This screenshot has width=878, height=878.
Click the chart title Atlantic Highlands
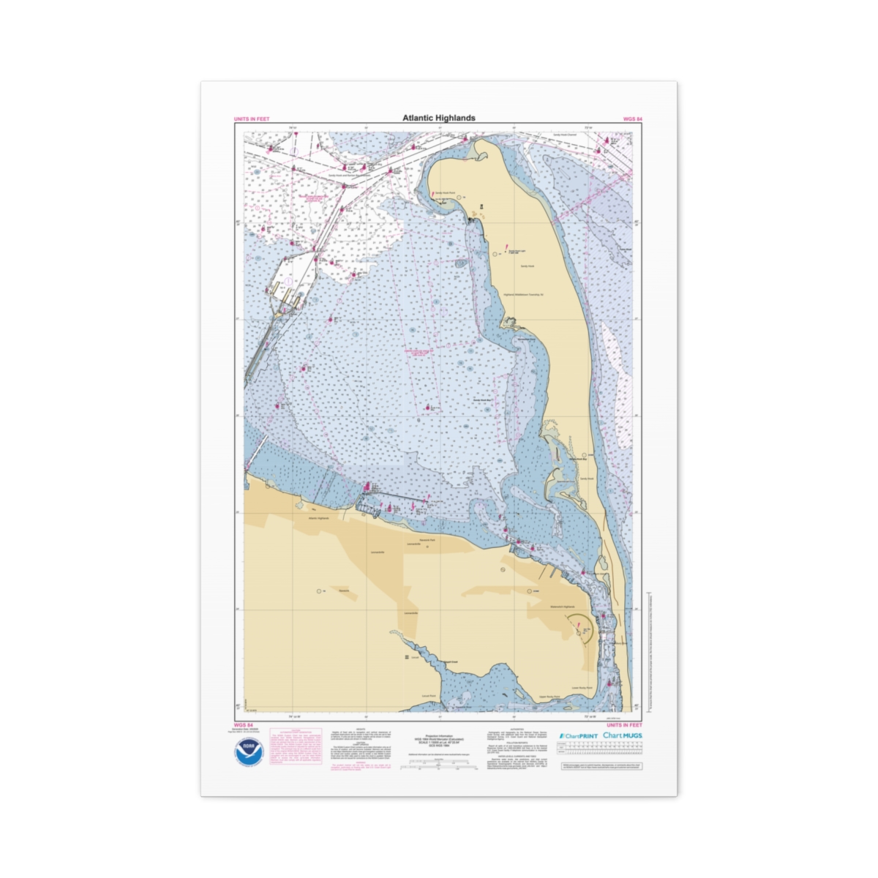pyautogui.click(x=438, y=118)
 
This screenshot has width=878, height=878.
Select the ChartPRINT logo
pyautogui.click(x=578, y=735)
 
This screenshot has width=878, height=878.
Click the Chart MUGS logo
pyautogui.click(x=623, y=735)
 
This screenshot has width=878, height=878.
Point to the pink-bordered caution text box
pyautogui.click(x=296, y=747)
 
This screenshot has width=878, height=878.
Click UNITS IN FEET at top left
pyautogui.click(x=252, y=119)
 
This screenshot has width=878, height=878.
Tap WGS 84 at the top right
pyautogui.click(x=632, y=119)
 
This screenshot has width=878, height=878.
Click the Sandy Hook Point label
pyautogui.click(x=447, y=194)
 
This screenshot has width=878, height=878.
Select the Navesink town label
pyautogui.click(x=344, y=590)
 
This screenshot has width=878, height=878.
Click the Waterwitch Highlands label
pyautogui.click(x=562, y=607)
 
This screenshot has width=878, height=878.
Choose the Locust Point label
pyautogui.click(x=429, y=695)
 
